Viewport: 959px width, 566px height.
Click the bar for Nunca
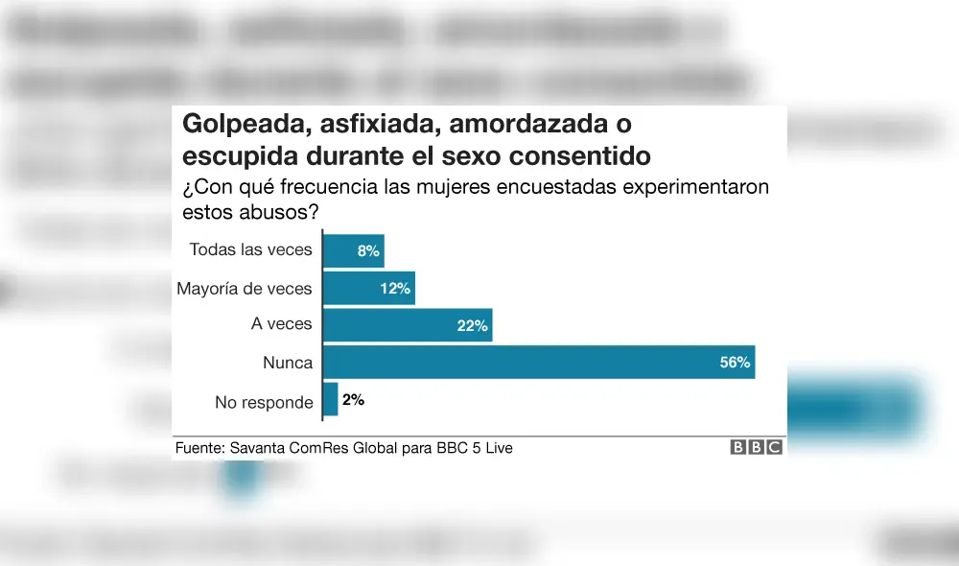[538, 363]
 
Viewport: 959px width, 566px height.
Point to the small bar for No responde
[331, 400]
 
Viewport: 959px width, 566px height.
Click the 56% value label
[735, 363]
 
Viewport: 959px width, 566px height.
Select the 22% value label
[473, 325]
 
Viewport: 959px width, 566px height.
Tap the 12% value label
[395, 288]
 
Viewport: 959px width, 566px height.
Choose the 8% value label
[368, 250]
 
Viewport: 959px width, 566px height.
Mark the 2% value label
[353, 400]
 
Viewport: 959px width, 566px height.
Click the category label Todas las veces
[250, 249]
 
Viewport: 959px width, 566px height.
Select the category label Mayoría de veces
[245, 288]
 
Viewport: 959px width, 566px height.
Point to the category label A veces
[282, 324]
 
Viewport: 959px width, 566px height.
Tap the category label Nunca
[288, 363]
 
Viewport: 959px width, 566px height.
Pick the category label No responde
[264, 402]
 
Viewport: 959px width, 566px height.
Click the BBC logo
[757, 447]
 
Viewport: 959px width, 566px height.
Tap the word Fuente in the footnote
[199, 448]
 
